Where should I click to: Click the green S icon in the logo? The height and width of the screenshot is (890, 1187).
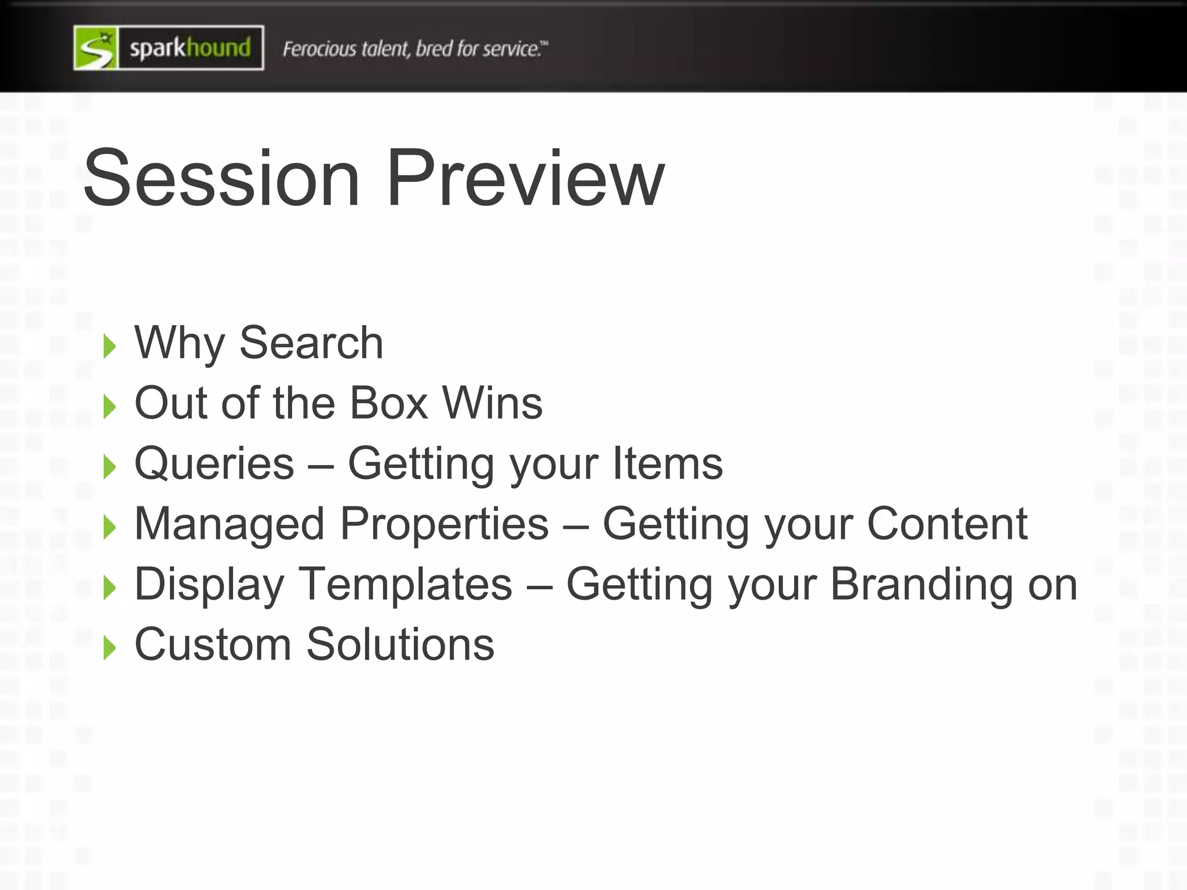pyautogui.click(x=96, y=48)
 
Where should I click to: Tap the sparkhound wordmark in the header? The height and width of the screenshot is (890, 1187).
pyautogui.click(x=190, y=48)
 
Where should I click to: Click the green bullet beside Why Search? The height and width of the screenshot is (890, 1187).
pyautogui.click(x=109, y=346)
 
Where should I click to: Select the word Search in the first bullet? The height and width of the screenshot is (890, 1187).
pyautogui.click(x=311, y=343)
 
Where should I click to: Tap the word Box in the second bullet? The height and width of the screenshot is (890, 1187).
pyautogui.click(x=389, y=403)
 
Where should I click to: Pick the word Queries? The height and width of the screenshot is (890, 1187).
pyautogui.click(x=214, y=464)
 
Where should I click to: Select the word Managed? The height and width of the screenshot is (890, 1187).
pyautogui.click(x=230, y=525)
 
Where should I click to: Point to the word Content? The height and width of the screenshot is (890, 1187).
pyautogui.click(x=947, y=524)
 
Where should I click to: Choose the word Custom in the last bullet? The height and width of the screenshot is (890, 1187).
pyautogui.click(x=213, y=645)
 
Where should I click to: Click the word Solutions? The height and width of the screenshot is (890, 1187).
pyautogui.click(x=400, y=645)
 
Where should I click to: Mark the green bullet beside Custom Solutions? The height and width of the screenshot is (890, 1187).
pyautogui.click(x=109, y=647)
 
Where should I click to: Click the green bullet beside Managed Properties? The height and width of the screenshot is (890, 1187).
pyautogui.click(x=109, y=527)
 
